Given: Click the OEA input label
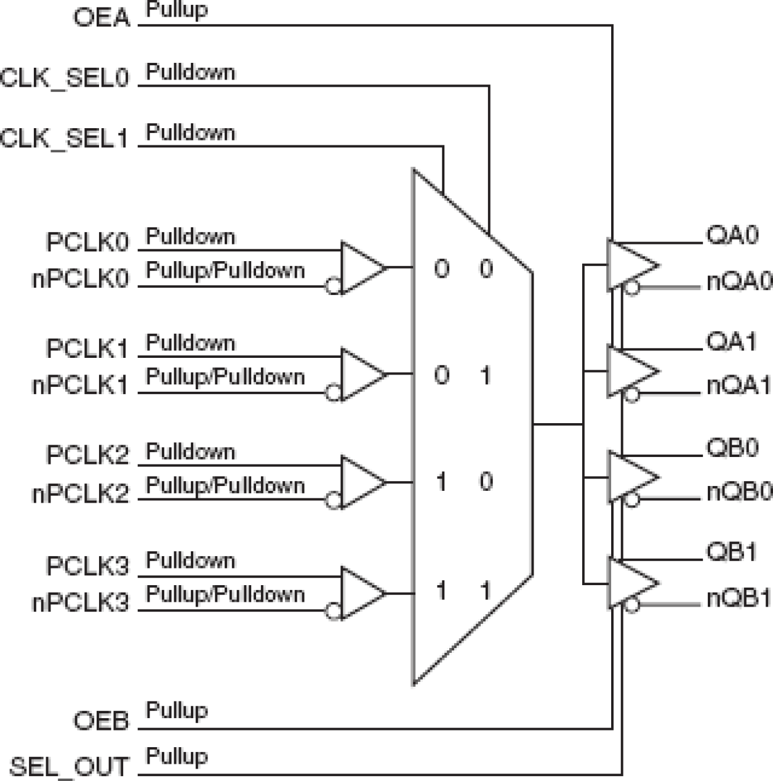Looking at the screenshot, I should click(x=102, y=17).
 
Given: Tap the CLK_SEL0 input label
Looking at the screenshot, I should click(x=65, y=78).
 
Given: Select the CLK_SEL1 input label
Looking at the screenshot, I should click(x=65, y=139).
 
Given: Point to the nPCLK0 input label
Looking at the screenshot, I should click(x=81, y=279).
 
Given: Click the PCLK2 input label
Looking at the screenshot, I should click(x=87, y=455).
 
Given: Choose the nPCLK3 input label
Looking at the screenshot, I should click(x=81, y=602).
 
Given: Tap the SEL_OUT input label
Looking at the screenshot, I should click(x=70, y=767).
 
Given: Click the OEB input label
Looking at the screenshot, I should click(x=102, y=721).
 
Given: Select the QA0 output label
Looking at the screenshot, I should click(x=732, y=235).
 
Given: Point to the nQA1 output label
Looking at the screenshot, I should click(x=739, y=386).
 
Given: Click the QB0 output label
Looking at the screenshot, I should click(x=732, y=448).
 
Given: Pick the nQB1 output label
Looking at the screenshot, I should click(x=739, y=598).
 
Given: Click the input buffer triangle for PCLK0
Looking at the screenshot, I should click(x=362, y=267).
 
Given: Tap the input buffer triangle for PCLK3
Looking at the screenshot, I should click(x=362, y=593).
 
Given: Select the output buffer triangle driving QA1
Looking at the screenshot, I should click(x=631, y=371).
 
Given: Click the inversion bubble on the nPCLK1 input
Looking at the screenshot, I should click(x=333, y=392).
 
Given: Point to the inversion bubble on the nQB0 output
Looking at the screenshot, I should click(x=632, y=500).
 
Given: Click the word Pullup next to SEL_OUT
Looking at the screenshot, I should click(x=177, y=756).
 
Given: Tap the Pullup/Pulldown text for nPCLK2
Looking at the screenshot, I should click(x=225, y=485).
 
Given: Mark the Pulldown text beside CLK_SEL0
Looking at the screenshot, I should click(x=190, y=72).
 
